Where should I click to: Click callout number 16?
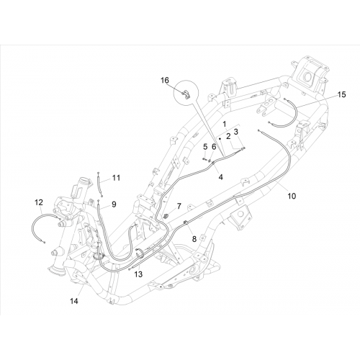coord(165,80)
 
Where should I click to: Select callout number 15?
coord(342,94)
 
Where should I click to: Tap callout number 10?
coord(292,196)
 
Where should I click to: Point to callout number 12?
coord(39,202)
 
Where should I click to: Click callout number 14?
coord(74,301)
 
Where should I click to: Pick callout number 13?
coord(138,274)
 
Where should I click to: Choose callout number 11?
coord(116,178)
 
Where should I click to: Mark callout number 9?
coord(114,204)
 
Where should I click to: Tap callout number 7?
coord(179,206)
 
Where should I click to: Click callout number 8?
coord(194,238)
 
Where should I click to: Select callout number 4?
coord(220,177)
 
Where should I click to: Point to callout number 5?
coord(205,146)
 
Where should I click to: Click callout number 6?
coord(214,147)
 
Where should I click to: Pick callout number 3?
coord(236,132)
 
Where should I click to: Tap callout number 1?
coord(225,124)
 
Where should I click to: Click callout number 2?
coord(228,137)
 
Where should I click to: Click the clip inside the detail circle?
coord(186,94)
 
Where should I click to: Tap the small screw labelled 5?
coord(204,159)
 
